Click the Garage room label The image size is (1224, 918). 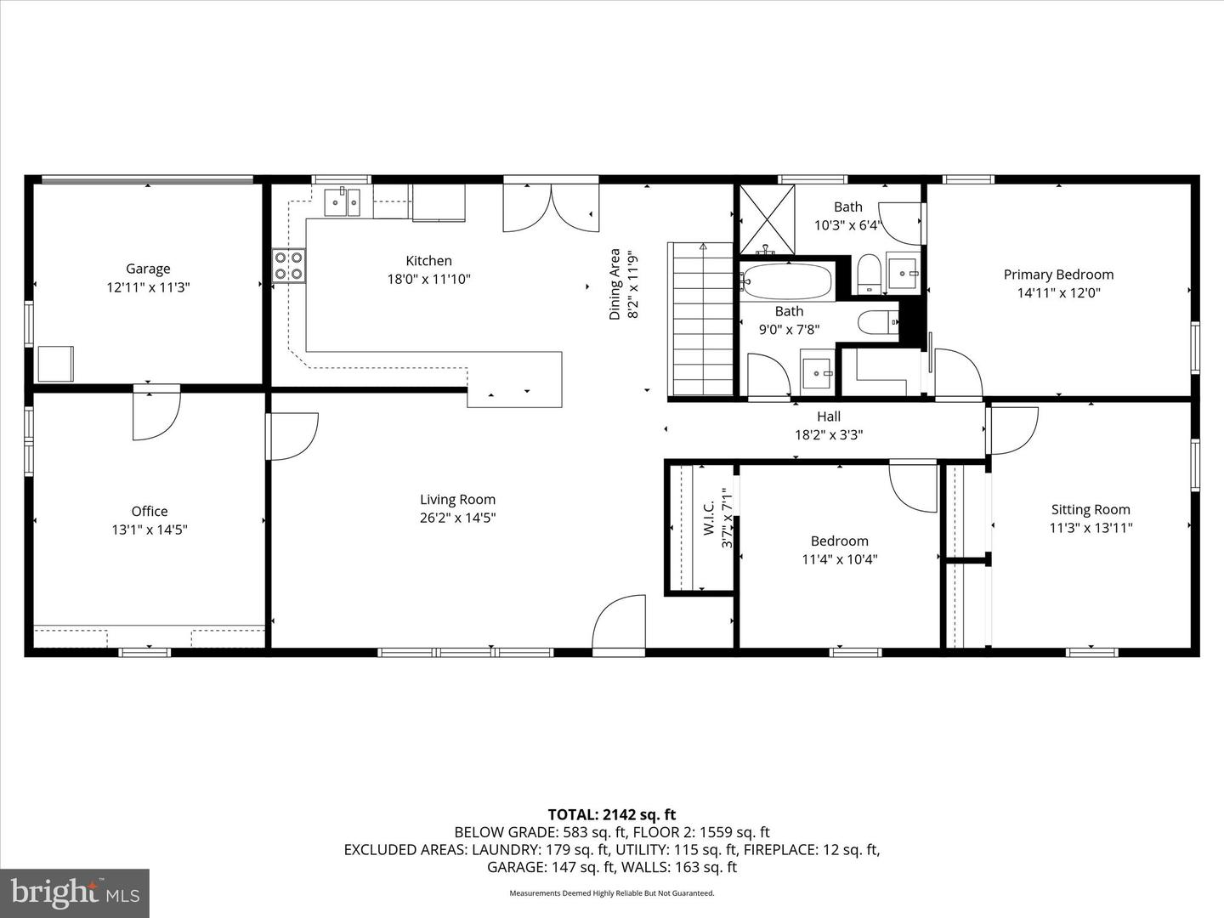coord(148,269)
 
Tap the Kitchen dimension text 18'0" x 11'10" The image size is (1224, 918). coord(428,279)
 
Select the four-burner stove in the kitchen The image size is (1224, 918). coord(289,266)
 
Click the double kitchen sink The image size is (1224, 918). coord(343,201)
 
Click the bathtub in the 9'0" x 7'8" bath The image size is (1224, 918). coord(787,281)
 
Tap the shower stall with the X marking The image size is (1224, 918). coord(768,219)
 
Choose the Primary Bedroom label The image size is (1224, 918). coord(1058,275)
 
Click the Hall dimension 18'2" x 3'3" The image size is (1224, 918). coord(829,434)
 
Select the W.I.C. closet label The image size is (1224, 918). coord(709,518)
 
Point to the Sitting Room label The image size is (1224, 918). coord(1091,509)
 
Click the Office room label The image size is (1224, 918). coord(150,511)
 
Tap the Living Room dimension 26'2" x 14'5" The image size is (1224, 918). coord(458,518)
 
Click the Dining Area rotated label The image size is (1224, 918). coord(615,284)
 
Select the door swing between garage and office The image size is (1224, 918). coord(156,416)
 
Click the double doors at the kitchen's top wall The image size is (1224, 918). coord(551,207)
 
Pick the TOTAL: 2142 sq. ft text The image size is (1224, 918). coord(612,815)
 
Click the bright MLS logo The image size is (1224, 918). coord(75,892)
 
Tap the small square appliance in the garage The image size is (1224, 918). coord(56,364)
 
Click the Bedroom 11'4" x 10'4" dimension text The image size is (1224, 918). coord(840,559)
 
